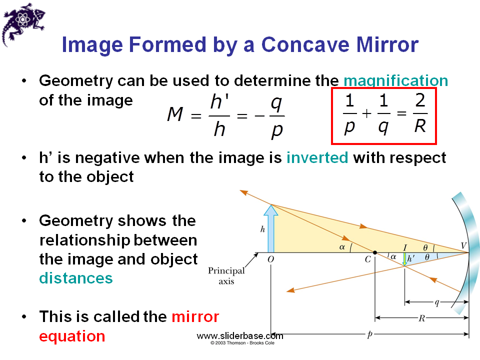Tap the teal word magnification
[396, 80]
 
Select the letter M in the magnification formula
[175, 115]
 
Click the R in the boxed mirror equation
[420, 126]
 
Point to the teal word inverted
[317, 158]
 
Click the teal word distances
[76, 278]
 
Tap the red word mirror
[195, 316]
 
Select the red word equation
[72, 336]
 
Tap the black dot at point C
[374, 252]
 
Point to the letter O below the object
[270, 260]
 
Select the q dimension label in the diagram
[436, 302]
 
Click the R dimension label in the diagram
[421, 318]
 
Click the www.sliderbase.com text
[240, 336]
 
